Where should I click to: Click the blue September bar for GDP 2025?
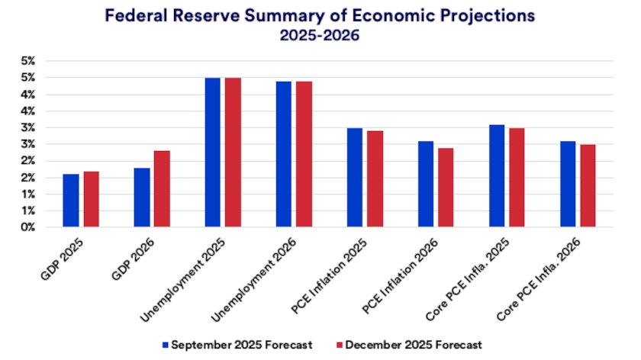(x=71, y=201)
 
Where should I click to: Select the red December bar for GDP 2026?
(x=162, y=189)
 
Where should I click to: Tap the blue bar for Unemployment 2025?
(x=213, y=153)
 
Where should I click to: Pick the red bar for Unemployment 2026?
(x=304, y=154)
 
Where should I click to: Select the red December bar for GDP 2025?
(x=91, y=199)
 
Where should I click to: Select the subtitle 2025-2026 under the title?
(x=320, y=35)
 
